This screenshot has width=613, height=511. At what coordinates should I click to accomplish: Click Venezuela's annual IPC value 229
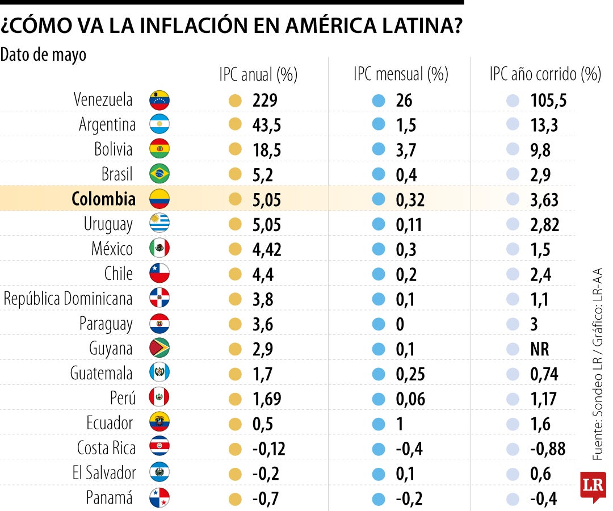click(x=264, y=100)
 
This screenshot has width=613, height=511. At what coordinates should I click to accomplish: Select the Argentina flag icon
click(x=159, y=124)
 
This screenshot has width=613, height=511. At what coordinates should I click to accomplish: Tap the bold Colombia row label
click(x=103, y=199)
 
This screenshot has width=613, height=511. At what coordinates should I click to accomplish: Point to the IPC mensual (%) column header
click(x=400, y=74)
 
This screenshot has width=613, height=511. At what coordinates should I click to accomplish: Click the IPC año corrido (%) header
click(x=545, y=74)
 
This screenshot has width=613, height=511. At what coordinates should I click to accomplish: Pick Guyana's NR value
click(x=540, y=349)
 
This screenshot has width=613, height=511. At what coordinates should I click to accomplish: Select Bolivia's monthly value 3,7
click(x=406, y=150)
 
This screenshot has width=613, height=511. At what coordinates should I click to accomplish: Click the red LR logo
click(x=593, y=487)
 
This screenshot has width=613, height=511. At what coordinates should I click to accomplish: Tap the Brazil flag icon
click(x=159, y=174)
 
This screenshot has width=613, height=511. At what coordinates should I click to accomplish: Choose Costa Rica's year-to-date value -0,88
click(x=548, y=449)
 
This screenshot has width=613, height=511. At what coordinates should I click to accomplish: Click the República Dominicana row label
click(x=68, y=299)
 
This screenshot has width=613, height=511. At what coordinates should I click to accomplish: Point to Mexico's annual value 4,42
click(x=267, y=249)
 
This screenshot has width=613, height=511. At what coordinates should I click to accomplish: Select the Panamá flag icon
click(x=159, y=498)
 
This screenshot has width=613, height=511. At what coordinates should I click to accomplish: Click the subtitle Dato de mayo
click(x=44, y=55)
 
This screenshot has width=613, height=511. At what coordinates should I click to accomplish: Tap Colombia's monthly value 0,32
click(x=410, y=199)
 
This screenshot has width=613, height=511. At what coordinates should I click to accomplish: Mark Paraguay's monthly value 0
click(x=400, y=324)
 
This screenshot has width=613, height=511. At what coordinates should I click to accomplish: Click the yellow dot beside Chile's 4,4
click(x=234, y=274)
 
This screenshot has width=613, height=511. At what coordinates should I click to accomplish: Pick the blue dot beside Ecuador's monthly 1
click(x=378, y=424)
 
